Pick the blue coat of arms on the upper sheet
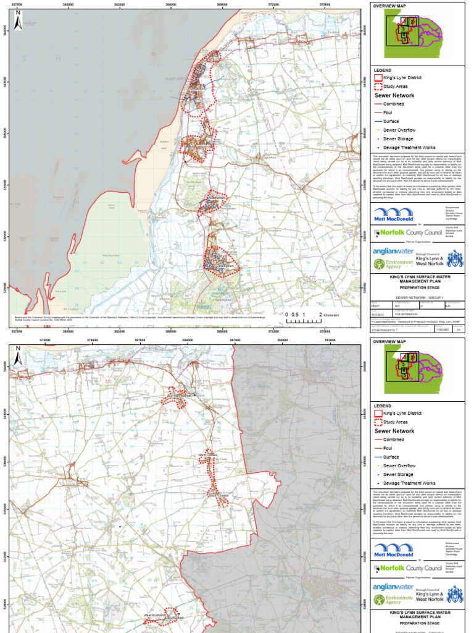455,259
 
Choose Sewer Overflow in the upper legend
399,130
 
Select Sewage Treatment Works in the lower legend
409,483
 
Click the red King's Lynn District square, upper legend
377,79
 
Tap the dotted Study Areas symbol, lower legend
377,422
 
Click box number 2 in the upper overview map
412,22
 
